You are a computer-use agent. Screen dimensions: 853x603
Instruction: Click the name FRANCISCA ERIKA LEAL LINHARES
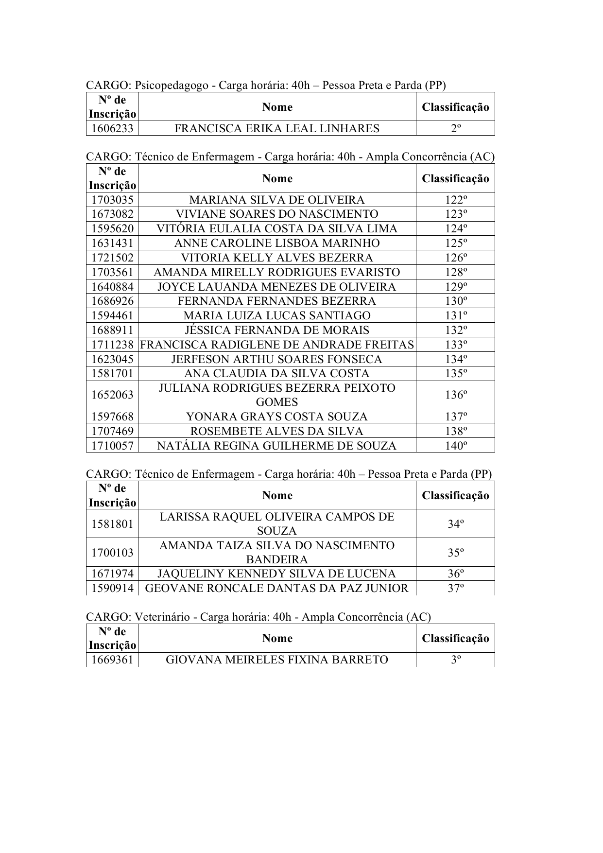tap(276, 128)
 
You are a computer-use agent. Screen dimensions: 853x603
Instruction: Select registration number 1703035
tap(112, 200)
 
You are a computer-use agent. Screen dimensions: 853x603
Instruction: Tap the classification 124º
tap(455, 228)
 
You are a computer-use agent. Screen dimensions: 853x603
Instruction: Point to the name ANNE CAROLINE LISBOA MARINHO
tap(276, 243)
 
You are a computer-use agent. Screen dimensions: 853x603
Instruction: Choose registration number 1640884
tap(112, 287)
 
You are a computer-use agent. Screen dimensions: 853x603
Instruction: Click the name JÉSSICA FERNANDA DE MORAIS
tap(276, 330)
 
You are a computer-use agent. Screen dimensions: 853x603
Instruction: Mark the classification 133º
tap(455, 345)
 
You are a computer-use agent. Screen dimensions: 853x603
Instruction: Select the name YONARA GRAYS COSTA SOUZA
tap(276, 417)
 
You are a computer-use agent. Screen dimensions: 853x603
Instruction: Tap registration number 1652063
tap(112, 395)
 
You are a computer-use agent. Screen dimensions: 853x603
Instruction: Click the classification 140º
tap(455, 445)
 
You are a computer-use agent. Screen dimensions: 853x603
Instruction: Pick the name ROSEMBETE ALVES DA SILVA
tap(276, 431)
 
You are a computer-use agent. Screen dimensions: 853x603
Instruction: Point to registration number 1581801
tap(112, 524)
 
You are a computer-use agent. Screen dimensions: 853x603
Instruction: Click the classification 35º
tap(455, 553)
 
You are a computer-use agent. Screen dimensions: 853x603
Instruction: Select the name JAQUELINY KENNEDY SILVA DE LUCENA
tap(276, 574)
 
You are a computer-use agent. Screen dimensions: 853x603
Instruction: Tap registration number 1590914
tap(112, 589)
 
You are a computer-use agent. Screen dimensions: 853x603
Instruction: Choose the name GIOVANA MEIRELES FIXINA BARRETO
tap(276, 660)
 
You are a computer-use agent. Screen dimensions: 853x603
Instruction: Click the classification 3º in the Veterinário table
tap(455, 660)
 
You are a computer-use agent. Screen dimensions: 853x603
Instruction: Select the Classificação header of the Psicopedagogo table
tap(455, 107)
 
